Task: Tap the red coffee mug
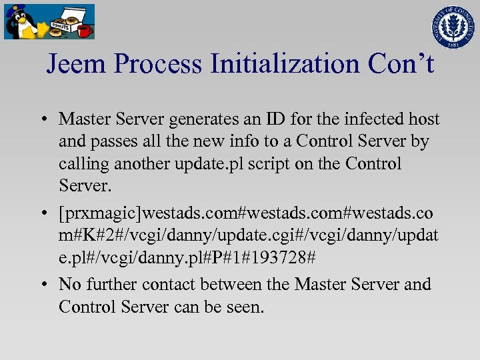coord(84,29)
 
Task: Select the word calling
coord(83,163)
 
